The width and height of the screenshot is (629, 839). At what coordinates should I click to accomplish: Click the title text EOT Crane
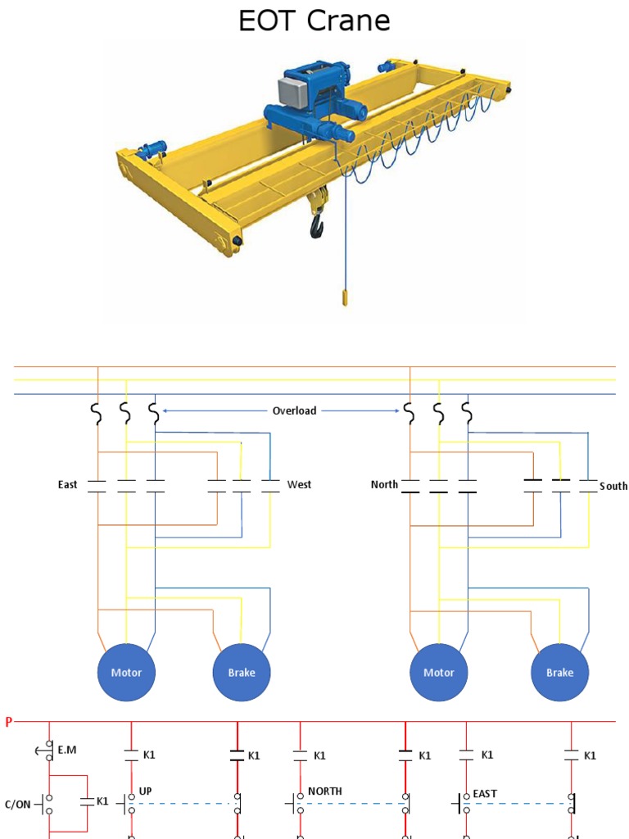[314, 20]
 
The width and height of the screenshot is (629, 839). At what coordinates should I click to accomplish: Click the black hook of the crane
[317, 224]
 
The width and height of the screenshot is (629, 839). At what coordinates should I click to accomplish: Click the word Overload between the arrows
[294, 410]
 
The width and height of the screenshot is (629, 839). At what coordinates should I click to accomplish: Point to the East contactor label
[67, 485]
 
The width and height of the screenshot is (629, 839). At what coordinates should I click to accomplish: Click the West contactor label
[299, 485]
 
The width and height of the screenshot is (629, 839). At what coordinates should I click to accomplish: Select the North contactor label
[384, 485]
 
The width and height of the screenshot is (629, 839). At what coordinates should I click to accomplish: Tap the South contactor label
[613, 486]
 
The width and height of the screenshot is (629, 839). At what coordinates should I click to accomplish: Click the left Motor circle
[126, 673]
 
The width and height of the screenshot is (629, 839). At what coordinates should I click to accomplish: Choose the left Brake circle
[241, 673]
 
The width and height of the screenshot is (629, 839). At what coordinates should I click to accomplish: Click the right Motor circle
[438, 673]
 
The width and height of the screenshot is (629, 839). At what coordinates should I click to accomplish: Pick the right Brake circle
[560, 673]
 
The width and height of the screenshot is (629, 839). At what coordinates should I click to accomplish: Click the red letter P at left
[9, 722]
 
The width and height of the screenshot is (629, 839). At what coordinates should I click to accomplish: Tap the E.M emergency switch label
[67, 749]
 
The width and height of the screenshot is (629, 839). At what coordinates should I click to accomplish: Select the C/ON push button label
[17, 804]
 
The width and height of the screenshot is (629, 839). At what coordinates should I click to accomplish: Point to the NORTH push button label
[324, 791]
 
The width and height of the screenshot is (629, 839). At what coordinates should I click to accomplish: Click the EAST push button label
[485, 793]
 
